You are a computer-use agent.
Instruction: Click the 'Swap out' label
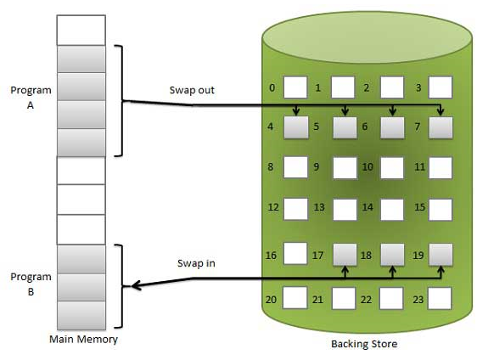tap(192, 90)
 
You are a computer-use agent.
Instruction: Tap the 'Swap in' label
tap(196, 263)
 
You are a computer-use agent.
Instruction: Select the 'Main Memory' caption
tap(83, 339)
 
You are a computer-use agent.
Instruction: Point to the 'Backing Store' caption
tap(364, 344)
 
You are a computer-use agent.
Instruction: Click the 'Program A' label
tap(31, 98)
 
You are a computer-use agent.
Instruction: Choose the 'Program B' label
tap(31, 284)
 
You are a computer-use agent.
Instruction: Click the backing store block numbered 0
tap(295, 87)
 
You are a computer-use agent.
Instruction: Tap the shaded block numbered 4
tap(296, 127)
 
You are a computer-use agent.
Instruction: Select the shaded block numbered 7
tap(441, 127)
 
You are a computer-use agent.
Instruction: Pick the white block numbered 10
tap(392, 167)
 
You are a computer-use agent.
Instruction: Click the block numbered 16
tap(295, 253)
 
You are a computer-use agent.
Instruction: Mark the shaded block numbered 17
tap(345, 255)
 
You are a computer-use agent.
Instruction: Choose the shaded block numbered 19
tap(441, 255)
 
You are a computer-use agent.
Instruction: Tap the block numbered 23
tap(440, 298)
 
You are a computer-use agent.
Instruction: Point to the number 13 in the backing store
tap(319, 207)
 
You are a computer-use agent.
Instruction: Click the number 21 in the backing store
tap(317, 300)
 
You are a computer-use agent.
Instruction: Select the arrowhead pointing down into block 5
tap(345, 112)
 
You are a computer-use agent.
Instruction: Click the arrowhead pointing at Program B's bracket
tap(136, 286)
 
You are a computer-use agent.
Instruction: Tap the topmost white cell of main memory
tap(81, 30)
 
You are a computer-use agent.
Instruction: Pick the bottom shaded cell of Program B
tap(81, 315)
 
